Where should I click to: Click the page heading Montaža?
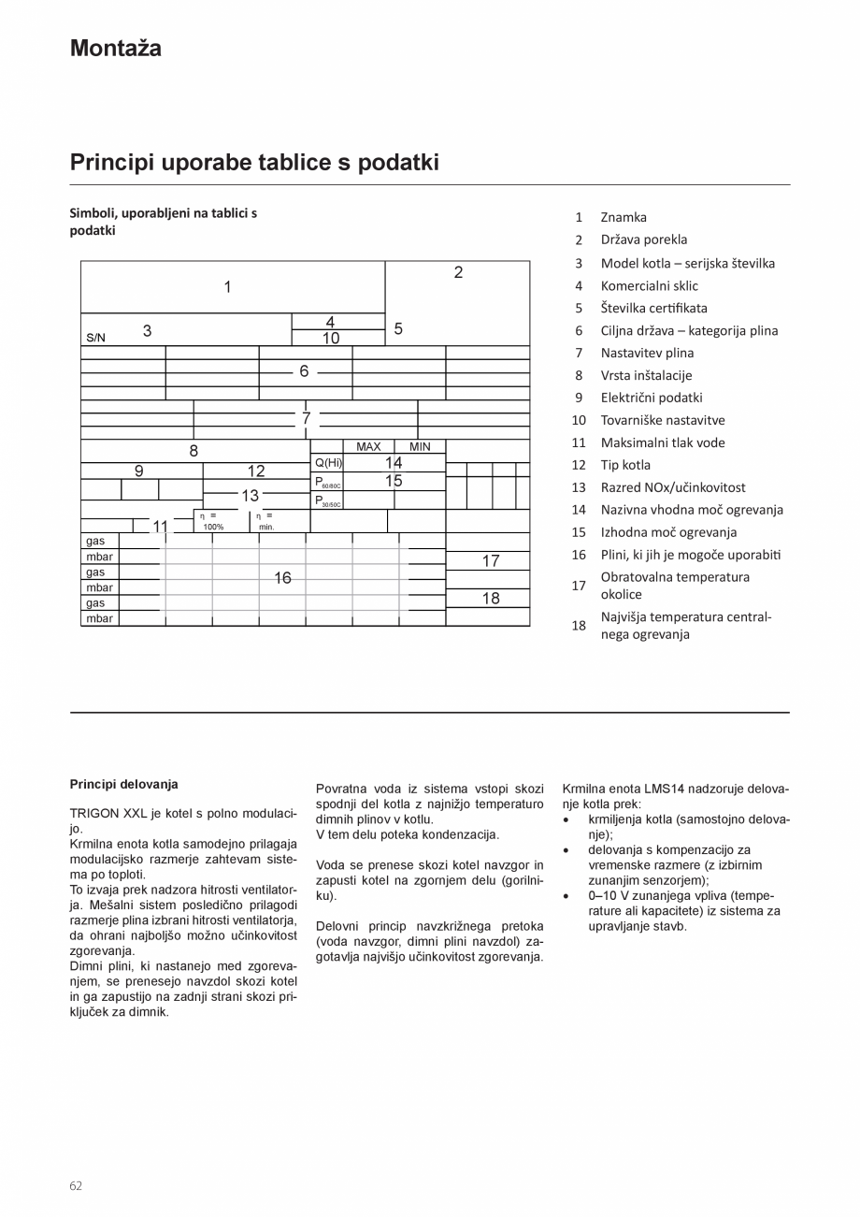point(115,49)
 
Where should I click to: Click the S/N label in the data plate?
point(95,338)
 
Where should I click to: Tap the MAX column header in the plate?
point(368,447)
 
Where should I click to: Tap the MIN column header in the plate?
point(420,447)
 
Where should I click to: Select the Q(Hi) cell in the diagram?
point(327,463)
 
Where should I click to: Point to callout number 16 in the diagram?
point(282,578)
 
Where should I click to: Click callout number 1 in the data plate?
point(227,287)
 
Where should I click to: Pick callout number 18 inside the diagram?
point(491,599)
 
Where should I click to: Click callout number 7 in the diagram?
point(306,417)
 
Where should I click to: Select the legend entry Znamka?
point(623,217)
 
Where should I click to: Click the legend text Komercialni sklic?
point(649,285)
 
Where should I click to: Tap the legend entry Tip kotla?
point(625,465)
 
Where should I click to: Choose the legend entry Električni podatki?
point(651,398)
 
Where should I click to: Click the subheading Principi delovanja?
point(123,784)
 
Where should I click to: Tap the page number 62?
point(76,1185)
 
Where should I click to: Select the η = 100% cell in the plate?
point(211,521)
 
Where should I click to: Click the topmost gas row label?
point(95,541)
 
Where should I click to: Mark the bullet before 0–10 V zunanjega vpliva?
point(567,895)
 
